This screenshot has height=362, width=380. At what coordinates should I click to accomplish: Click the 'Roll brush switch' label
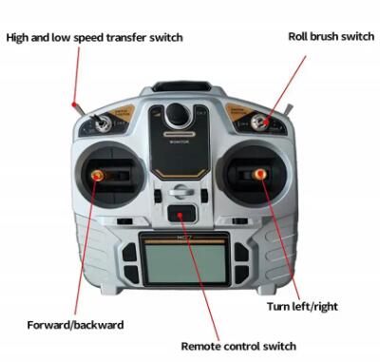pyautogui.click(x=331, y=37)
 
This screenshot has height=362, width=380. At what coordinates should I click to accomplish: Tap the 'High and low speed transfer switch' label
pyautogui.click(x=94, y=38)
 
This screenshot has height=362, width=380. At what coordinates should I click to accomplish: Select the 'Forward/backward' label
pyautogui.click(x=75, y=325)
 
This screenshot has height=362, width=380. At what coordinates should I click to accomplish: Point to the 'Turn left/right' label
pyautogui.click(x=302, y=307)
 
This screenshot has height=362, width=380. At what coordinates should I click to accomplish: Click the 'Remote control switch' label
pyautogui.click(x=238, y=346)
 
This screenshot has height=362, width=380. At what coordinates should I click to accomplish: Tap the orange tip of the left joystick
pyautogui.click(x=98, y=175)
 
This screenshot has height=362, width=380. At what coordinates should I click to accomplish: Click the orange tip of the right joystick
pyautogui.click(x=260, y=174)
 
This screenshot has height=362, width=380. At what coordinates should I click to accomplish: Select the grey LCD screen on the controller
pyautogui.click(x=185, y=263)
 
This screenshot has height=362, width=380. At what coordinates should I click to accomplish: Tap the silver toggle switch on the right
pyautogui.click(x=259, y=123)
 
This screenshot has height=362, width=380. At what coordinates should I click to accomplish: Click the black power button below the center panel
pyautogui.click(x=180, y=214)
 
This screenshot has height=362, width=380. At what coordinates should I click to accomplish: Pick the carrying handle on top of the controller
pyautogui.click(x=181, y=86)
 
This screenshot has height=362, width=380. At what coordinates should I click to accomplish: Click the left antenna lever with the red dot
pyautogui.click(x=78, y=108)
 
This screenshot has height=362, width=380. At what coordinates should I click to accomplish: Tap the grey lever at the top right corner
pyautogui.click(x=289, y=110)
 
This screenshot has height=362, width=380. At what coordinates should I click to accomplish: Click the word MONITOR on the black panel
pyautogui.click(x=180, y=142)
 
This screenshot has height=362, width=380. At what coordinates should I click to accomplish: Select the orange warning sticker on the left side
pyautogui.click(x=122, y=113)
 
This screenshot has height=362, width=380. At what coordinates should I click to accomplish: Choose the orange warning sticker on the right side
pyautogui.click(x=238, y=111)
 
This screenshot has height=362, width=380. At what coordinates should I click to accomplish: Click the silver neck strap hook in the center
pyautogui.click(x=181, y=191)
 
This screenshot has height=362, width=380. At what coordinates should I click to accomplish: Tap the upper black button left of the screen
pyautogui.click(x=130, y=252)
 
